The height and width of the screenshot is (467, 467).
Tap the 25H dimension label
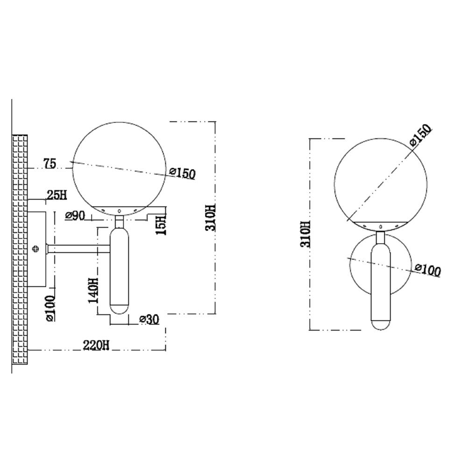(x=57, y=195)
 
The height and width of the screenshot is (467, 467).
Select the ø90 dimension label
(x=75, y=215)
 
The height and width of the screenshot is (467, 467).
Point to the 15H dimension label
(x=162, y=225)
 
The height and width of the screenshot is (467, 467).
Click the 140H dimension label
(x=93, y=290)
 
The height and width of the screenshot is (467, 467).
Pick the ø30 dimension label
(x=149, y=319)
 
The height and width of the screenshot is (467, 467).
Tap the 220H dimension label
(x=96, y=345)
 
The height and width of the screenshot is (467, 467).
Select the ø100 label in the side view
(x=50, y=308)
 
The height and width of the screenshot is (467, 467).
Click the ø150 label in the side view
(x=182, y=173)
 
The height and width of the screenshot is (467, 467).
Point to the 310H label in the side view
(x=210, y=218)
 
